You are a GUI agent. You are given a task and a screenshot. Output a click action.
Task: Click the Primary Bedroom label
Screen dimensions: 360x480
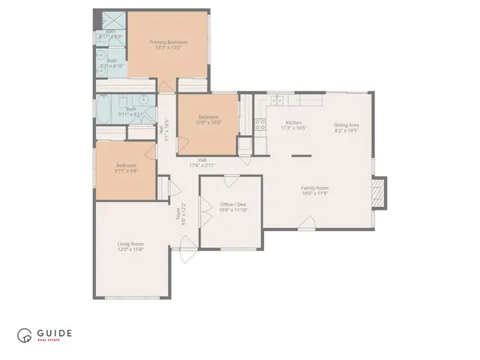(x=168, y=42)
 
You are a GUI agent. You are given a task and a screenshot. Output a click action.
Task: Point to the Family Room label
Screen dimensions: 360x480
(x=315, y=187)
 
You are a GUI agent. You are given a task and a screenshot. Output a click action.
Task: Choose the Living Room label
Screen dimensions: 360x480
(x=130, y=244)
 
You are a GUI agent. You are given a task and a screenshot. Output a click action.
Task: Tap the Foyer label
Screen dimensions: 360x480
(x=178, y=214)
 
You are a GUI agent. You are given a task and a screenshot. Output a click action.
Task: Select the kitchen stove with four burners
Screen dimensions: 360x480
(x=261, y=125)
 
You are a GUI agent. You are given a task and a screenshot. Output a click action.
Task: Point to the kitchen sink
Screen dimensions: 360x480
(x=277, y=99)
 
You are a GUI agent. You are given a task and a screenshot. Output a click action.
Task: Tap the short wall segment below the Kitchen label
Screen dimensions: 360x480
(x=301, y=156)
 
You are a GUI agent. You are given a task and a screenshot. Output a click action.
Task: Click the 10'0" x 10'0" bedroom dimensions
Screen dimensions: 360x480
(x=208, y=122)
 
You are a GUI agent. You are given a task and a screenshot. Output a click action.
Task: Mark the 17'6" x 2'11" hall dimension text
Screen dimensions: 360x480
(x=202, y=165)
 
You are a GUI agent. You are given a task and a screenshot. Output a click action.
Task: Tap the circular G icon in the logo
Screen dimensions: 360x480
(x=25, y=335)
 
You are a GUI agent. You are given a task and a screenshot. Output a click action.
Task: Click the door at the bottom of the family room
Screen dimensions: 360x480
(x=306, y=223)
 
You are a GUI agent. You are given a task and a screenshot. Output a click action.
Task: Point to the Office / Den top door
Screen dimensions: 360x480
(x=232, y=180)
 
